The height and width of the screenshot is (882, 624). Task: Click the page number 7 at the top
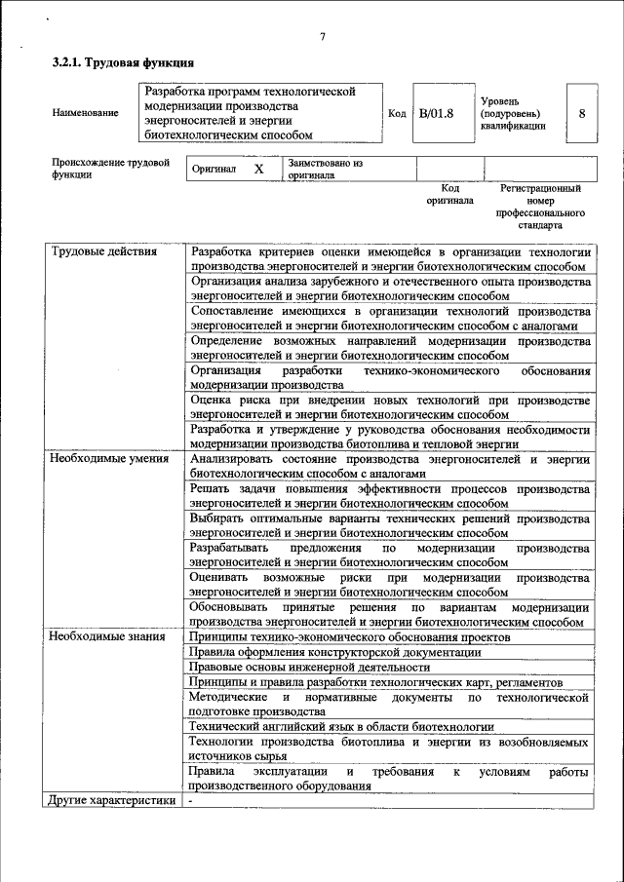click(322, 38)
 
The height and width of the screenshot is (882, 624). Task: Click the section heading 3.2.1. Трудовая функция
click(115, 63)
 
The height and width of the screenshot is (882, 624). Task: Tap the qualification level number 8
click(581, 113)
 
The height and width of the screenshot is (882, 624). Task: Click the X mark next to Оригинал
click(258, 169)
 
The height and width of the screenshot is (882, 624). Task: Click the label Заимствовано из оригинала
click(325, 170)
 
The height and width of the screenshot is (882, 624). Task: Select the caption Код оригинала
click(449, 193)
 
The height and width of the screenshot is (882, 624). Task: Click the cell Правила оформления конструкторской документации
click(334, 652)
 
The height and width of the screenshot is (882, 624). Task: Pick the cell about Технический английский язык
click(341, 727)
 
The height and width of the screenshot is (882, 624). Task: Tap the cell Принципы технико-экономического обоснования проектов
click(348, 636)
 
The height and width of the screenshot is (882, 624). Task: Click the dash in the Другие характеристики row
click(192, 801)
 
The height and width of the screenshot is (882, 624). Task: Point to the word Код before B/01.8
click(397, 113)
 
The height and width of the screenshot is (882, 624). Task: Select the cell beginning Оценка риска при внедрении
click(390, 407)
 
